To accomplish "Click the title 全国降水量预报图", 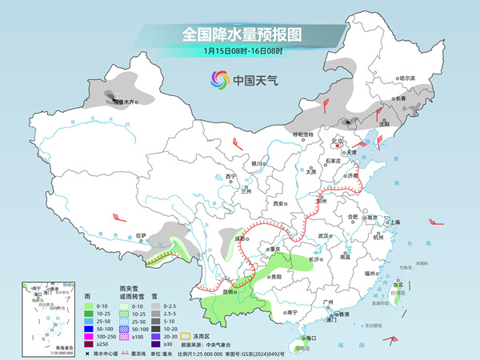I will [x=240, y=34].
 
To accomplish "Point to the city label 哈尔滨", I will [x=408, y=78].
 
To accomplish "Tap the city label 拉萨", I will [x=142, y=235].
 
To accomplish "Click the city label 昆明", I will [x=230, y=292].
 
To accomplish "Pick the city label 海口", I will [x=302, y=339].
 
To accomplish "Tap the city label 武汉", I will [x=324, y=236].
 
